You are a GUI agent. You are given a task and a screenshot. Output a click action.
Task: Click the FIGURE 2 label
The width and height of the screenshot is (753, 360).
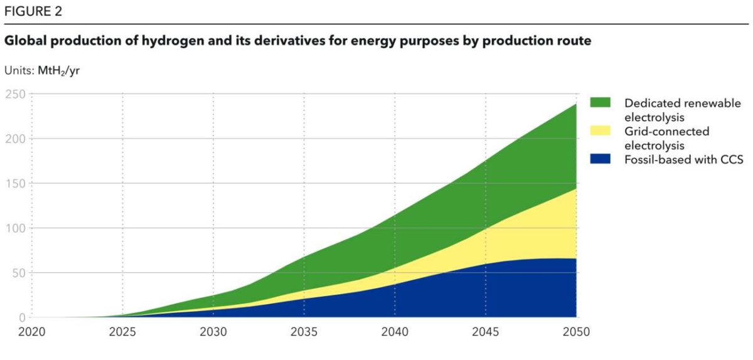click(33, 11)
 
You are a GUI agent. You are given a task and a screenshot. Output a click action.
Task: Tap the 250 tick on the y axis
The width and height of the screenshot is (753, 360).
click(15, 94)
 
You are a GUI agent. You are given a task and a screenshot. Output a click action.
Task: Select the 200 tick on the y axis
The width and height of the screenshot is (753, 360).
click(15, 139)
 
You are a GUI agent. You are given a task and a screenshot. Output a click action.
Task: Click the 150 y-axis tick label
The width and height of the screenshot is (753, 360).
click(15, 184)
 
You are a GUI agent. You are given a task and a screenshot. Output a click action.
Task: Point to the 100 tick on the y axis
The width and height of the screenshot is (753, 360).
click(15, 228)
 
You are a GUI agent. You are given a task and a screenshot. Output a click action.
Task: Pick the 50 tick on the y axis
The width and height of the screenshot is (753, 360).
click(18, 273)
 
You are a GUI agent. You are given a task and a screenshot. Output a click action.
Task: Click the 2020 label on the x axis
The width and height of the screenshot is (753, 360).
click(31, 332)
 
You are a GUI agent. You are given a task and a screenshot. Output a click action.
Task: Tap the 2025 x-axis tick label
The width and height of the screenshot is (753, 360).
click(122, 332)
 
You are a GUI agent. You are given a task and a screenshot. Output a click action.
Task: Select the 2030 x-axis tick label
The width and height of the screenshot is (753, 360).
click(213, 332)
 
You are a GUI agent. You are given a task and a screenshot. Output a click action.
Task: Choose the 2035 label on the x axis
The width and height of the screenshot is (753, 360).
click(304, 332)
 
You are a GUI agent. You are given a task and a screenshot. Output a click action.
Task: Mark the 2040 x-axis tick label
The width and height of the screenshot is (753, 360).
click(395, 332)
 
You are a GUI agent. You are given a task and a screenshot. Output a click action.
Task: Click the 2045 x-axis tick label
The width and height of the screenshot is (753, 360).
click(486, 332)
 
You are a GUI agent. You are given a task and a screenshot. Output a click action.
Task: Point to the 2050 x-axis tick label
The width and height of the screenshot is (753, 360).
click(576, 332)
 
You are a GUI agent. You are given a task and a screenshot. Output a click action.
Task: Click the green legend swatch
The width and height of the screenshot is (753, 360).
click(601, 102)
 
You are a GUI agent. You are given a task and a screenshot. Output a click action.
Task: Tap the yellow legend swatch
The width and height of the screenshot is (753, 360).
click(601, 130)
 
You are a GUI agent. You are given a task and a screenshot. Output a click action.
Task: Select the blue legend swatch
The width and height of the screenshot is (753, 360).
click(601, 159)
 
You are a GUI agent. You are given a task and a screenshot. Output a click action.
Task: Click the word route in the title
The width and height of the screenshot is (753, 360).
click(574, 42)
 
